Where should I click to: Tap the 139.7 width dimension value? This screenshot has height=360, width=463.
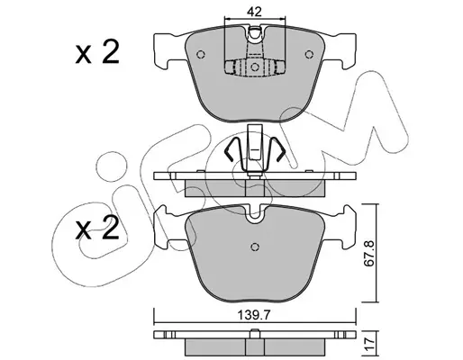click(254, 315)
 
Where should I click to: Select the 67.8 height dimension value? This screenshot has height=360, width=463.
click(369, 253)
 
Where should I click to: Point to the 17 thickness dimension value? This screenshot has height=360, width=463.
click(370, 341)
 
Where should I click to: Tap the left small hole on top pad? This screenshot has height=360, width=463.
click(201, 55)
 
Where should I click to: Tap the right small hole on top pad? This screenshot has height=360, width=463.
click(308, 55)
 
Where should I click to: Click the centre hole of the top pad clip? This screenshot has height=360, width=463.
click(255, 67)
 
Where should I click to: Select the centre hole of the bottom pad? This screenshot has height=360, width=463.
click(255, 247)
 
